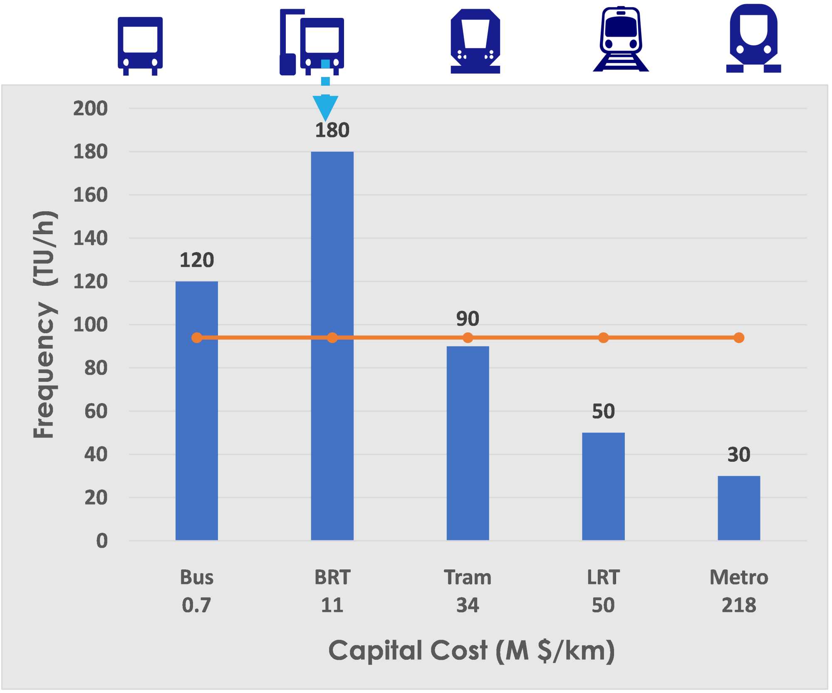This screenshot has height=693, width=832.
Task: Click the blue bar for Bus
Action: point(196,416)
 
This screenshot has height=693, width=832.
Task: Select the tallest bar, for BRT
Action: point(332,374)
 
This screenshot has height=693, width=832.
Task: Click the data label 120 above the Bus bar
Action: point(196,260)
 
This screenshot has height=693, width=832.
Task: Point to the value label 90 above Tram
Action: point(468,319)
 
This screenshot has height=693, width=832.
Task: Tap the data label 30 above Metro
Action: point(739,455)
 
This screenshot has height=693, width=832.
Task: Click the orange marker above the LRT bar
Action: point(603,338)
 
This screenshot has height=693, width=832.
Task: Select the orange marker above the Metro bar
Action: point(739,338)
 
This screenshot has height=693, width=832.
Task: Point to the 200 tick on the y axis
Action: point(90,109)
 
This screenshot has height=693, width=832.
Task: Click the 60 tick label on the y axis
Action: point(96,411)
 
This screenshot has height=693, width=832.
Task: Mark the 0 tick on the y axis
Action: point(102,541)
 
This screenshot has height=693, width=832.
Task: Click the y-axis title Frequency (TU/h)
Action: point(44,324)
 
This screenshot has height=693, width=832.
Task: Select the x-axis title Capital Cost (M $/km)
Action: point(471,651)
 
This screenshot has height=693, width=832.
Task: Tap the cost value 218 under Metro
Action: point(739,605)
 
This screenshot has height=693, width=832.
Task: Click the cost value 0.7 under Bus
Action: point(196,605)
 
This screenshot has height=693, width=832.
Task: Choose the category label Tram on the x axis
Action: point(468,578)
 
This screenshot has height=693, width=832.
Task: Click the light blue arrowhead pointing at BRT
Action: point(325,108)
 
